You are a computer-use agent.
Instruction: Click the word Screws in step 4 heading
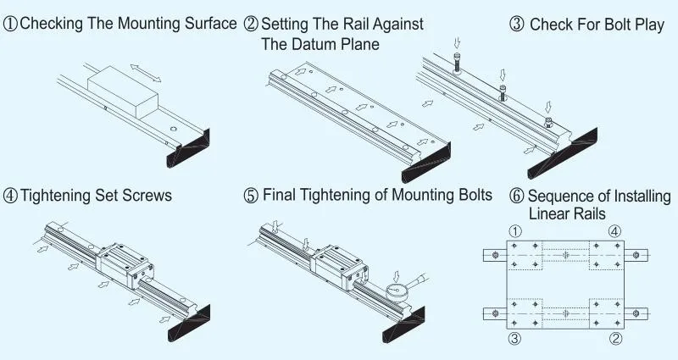point(147,196)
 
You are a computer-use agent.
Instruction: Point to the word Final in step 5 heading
point(281,195)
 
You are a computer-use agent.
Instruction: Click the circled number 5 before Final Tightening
point(251,196)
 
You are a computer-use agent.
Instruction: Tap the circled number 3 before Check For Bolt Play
point(517,25)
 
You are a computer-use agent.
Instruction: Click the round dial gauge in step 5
point(396,290)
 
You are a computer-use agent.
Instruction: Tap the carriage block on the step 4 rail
point(125,262)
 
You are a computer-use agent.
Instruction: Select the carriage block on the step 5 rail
point(343,262)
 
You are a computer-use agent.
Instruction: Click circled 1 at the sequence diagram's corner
point(514,231)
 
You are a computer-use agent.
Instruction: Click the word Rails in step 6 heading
point(587,213)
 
